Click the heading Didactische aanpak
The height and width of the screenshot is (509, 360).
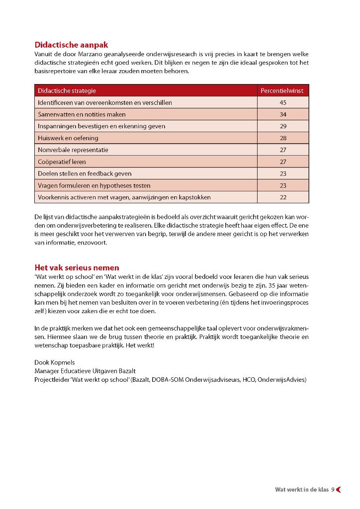[x=71, y=45]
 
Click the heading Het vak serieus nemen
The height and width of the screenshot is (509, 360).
[x=77, y=267]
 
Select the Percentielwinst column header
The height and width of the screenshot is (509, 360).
[x=282, y=90]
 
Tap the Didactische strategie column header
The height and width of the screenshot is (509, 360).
[x=67, y=90]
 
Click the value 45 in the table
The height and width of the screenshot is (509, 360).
[x=283, y=102]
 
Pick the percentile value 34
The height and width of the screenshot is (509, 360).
[x=283, y=114]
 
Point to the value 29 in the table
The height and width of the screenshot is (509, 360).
[x=283, y=126]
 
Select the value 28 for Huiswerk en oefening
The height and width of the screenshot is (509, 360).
[x=283, y=138]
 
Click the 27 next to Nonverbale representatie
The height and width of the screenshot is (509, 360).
[x=283, y=150]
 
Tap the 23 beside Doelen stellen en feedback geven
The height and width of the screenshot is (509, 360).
[x=283, y=173]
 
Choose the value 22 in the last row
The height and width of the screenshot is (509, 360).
[x=283, y=197]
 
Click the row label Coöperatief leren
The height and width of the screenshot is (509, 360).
[x=62, y=162]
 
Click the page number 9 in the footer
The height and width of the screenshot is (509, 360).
[x=333, y=490]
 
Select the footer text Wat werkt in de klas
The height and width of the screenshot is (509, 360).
[x=302, y=490]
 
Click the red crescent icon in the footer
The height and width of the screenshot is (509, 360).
[x=339, y=490]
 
